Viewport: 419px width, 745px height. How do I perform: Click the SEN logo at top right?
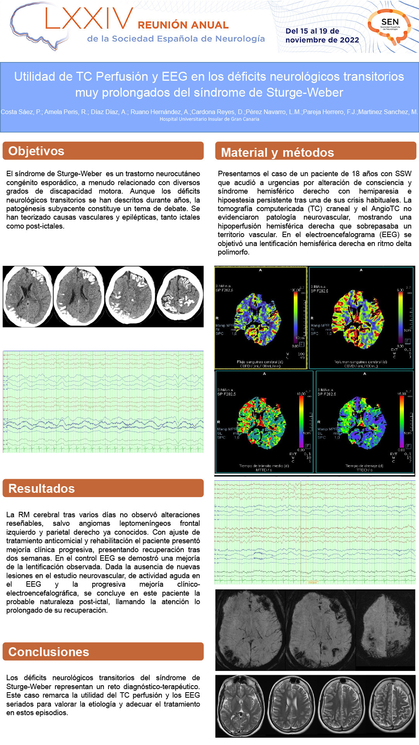click(x=389, y=26)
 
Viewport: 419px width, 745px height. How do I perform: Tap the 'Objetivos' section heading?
click(x=36, y=151)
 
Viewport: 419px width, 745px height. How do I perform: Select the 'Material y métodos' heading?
click(x=278, y=152)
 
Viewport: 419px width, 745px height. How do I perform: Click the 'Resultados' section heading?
click(x=41, y=489)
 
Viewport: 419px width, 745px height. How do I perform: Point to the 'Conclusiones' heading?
click(x=49, y=652)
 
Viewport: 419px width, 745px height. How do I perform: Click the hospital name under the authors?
click(x=209, y=119)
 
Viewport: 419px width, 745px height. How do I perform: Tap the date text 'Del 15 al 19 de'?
click(x=312, y=31)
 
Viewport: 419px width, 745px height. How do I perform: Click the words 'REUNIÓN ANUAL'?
click(x=183, y=25)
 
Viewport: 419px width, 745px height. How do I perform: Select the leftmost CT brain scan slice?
click(x=28, y=296)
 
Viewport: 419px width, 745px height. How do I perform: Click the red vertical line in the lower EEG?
click(x=301, y=532)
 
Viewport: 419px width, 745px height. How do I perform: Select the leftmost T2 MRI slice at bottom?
click(x=240, y=707)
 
